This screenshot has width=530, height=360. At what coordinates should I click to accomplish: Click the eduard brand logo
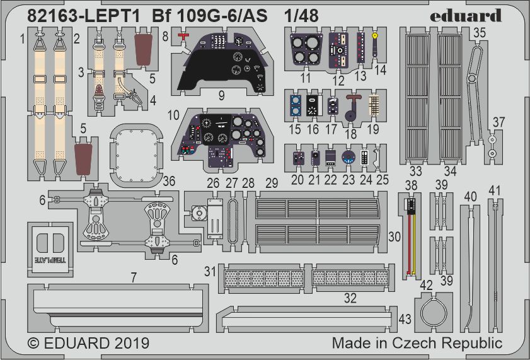coord(466,16)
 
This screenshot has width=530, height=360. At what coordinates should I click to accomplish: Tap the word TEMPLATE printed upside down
coord(50,260)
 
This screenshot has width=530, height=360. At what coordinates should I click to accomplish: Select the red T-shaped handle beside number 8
coord(183,37)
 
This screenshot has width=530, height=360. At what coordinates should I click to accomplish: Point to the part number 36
coord(169,181)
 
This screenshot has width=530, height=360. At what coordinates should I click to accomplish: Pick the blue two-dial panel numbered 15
coord(296,106)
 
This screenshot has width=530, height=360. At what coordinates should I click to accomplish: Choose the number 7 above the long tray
coord(134,277)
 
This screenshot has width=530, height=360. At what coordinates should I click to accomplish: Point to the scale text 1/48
coord(301,16)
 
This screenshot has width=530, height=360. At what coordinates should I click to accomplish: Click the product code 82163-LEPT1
coord(83,16)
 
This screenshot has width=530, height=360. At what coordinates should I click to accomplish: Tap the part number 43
coord(405,319)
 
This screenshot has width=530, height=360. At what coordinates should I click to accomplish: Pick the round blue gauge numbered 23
coord(348,158)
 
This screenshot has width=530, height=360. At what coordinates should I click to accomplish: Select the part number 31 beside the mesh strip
coord(210,271)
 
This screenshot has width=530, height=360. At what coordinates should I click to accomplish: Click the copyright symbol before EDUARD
coord(33,344)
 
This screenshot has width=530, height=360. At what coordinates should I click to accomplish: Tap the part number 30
coord(395,236)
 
